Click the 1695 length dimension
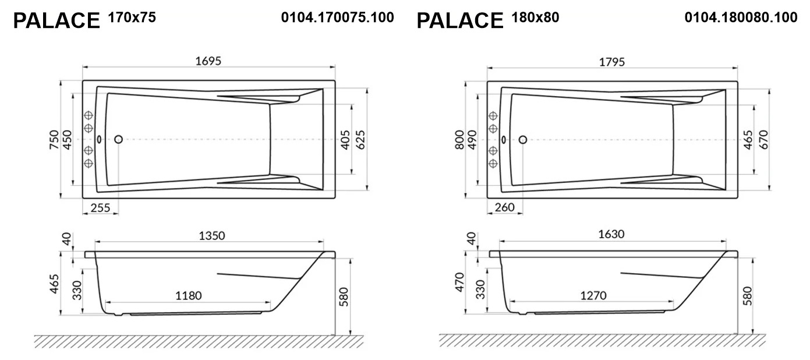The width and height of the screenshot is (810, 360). (x=208, y=61)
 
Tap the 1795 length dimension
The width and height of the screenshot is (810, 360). (x=612, y=62)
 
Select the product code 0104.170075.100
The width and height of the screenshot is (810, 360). (x=337, y=17)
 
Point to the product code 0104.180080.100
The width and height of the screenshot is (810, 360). (x=741, y=17)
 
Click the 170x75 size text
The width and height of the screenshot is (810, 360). (x=132, y=17)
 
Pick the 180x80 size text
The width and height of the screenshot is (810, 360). (x=536, y=17)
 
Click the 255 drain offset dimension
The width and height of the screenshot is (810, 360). (x=100, y=208)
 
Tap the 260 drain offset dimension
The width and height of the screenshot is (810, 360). (x=504, y=207)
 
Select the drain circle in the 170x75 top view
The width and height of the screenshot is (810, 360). (x=118, y=139)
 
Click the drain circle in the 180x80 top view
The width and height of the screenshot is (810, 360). (x=522, y=140)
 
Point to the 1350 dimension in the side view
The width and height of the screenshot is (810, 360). (x=212, y=235)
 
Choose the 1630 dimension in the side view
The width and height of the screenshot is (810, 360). (x=611, y=234)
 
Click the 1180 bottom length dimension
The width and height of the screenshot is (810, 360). (x=189, y=295)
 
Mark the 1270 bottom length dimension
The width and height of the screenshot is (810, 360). (x=593, y=295)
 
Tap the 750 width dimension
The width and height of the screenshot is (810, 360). (x=54, y=140)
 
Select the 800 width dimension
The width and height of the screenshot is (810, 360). (x=459, y=140)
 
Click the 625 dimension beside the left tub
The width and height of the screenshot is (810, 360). (x=360, y=140)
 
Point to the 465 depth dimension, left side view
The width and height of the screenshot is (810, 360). (x=54, y=284)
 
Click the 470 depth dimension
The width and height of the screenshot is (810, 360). (x=459, y=282)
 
